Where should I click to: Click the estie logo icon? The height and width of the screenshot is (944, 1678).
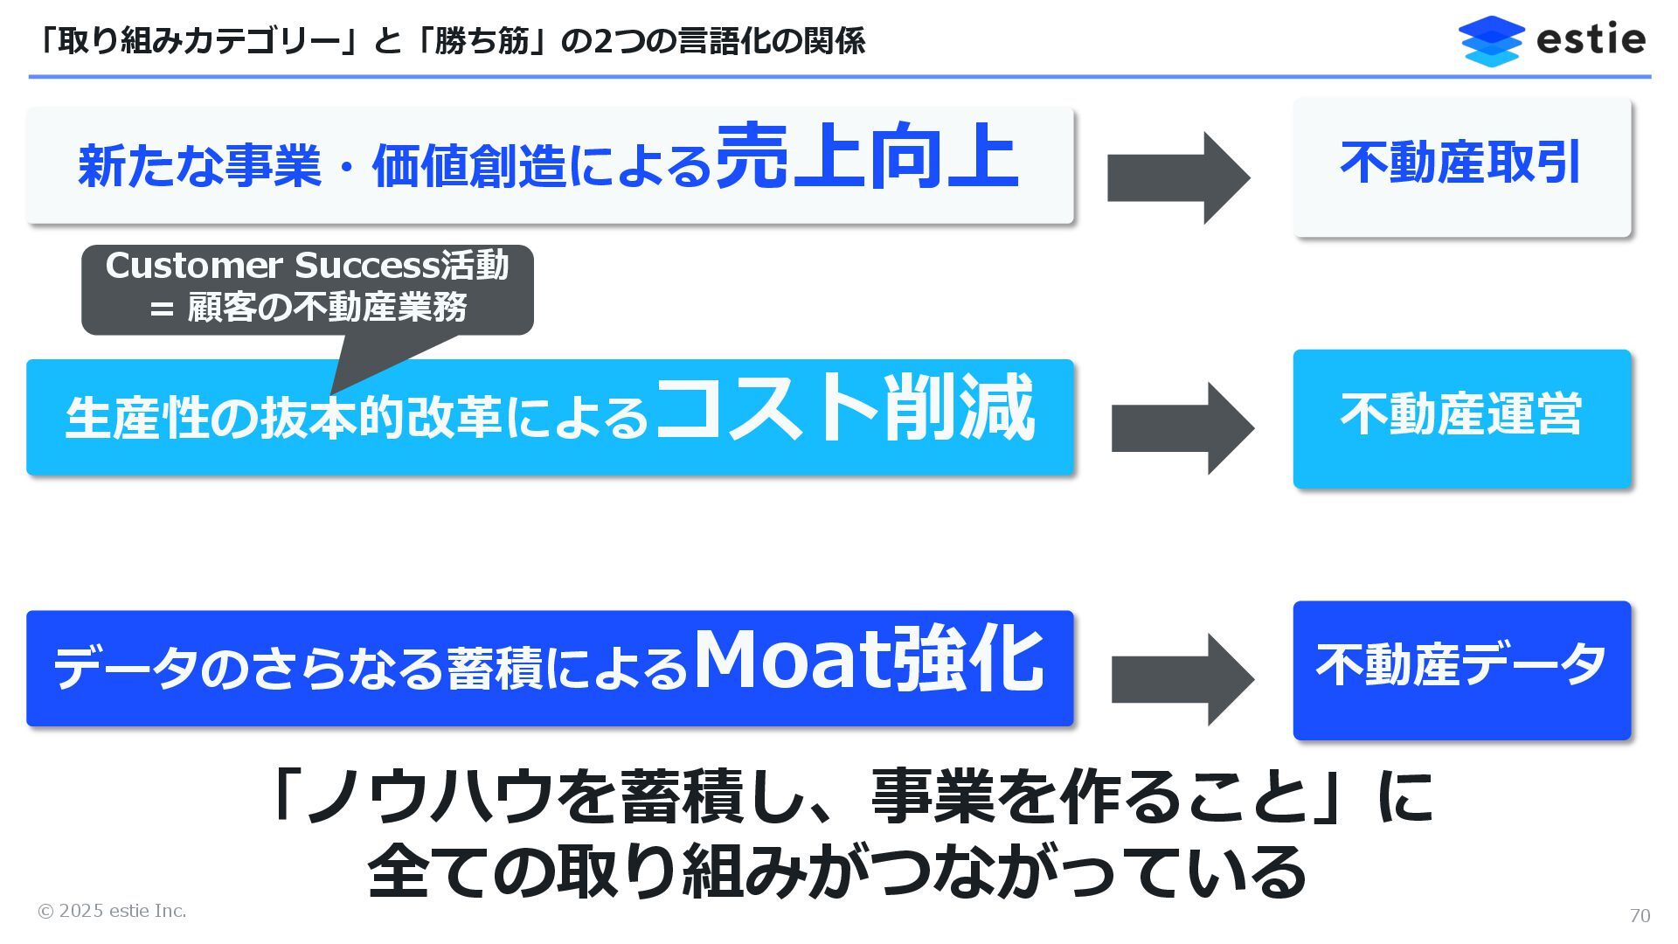tap(1491, 40)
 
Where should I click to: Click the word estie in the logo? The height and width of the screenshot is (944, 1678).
tap(1590, 39)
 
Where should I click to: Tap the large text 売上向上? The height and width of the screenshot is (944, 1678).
tap(866, 157)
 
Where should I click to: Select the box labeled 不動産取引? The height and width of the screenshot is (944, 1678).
tap(1461, 166)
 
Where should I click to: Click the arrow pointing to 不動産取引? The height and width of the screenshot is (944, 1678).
tap(1177, 178)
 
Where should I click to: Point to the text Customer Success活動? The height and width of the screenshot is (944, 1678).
tap(307, 266)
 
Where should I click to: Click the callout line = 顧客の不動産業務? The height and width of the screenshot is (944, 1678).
tap(309, 308)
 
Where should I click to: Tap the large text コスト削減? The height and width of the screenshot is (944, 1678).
tap(844, 409)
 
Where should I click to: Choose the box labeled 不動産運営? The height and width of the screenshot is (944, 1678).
tap(1461, 418)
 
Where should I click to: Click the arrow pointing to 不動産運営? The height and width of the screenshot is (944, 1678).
tap(1182, 428)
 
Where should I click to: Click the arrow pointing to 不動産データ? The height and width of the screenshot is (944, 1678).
tap(1182, 679)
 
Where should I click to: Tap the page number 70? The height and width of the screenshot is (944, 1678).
tap(1640, 915)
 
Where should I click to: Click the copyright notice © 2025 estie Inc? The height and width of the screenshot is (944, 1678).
tap(112, 911)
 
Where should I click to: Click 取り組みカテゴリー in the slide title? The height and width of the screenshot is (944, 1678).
tap(198, 41)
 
